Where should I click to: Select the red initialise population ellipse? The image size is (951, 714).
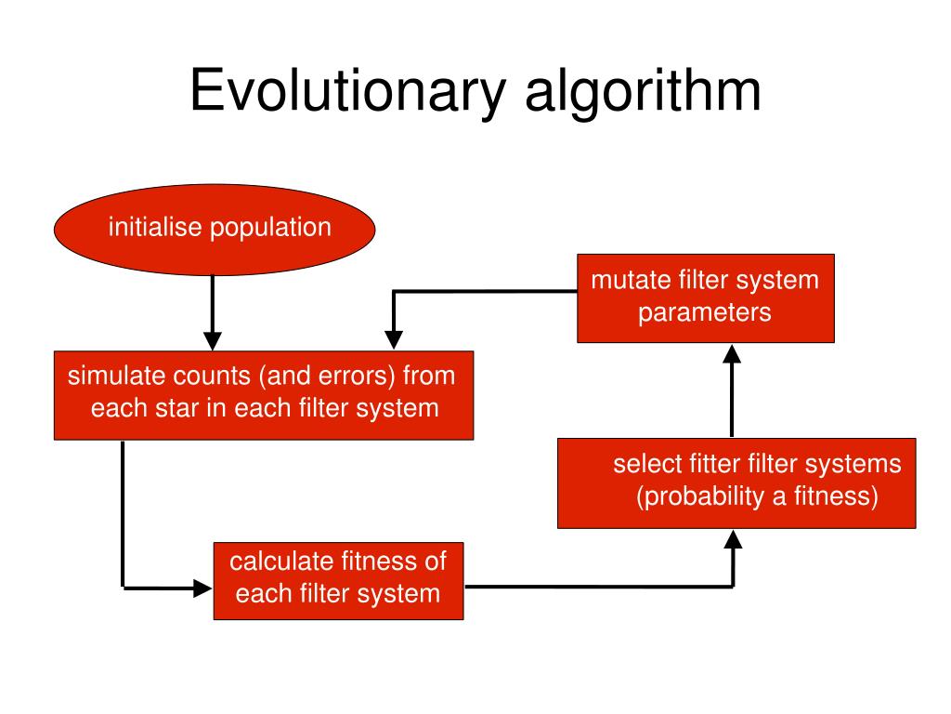pos(215,229)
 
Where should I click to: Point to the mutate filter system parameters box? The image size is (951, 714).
pos(705,297)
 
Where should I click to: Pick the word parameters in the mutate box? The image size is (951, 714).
pos(704,312)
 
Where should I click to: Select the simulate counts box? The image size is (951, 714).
pos(264,395)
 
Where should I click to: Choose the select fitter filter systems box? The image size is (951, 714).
pos(736,483)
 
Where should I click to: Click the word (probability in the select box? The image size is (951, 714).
pos(697,496)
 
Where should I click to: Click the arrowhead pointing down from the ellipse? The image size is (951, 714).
pos(213,337)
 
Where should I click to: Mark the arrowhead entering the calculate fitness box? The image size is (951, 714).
pos(203,587)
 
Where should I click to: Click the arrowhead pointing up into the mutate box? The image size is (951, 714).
pos(732,354)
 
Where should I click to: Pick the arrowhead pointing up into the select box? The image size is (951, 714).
pos(734,540)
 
